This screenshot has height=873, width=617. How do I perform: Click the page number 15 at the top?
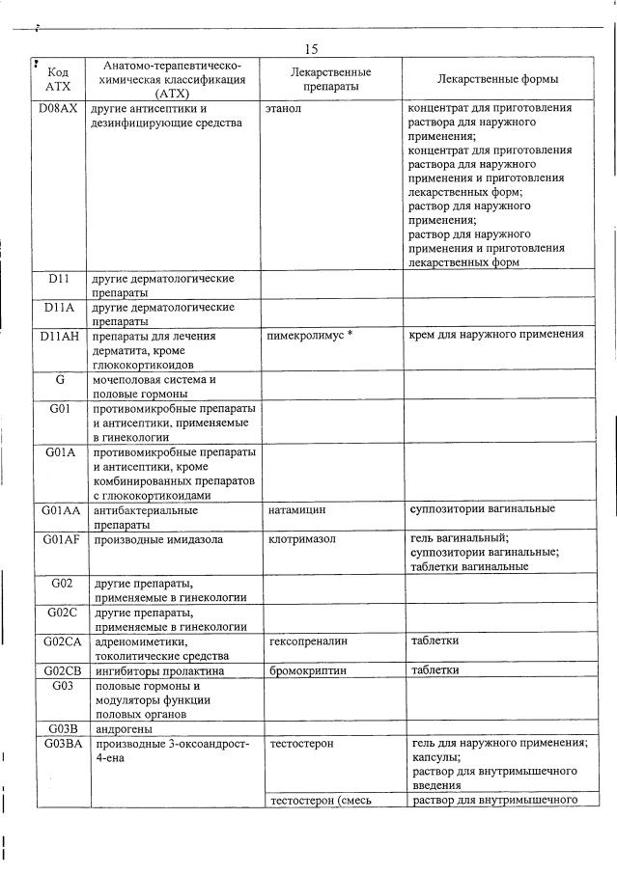click(310, 48)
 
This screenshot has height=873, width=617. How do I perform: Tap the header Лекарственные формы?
click(497, 79)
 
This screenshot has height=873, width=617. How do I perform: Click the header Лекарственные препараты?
click(331, 79)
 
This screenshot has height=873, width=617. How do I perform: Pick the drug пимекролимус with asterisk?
click(310, 336)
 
